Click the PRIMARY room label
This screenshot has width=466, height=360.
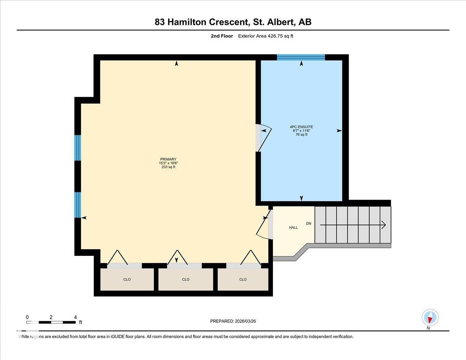coord(168,159)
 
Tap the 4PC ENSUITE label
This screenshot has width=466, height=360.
coord(301,127)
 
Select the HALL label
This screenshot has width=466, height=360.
coord(293,228)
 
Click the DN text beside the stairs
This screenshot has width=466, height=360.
coord(309,224)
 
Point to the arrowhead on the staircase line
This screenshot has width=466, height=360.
coord(384,225)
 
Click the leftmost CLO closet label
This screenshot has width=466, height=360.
coord(127,279)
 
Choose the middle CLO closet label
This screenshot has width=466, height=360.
coord(186,279)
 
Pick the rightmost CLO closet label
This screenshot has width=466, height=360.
coord(243,279)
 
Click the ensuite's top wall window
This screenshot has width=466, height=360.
coord(301,57)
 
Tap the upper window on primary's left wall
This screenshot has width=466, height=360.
coord(78,148)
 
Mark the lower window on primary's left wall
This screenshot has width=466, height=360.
coord(78,205)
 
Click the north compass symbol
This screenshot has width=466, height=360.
coord(430,318)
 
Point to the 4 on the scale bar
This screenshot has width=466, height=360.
coord(75,317)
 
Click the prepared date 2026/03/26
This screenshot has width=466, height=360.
coord(245,321)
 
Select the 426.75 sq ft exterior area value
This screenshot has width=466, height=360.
coord(283,36)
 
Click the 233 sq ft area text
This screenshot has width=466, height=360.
coord(168,167)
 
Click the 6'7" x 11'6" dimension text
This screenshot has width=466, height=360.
coord(301,130)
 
